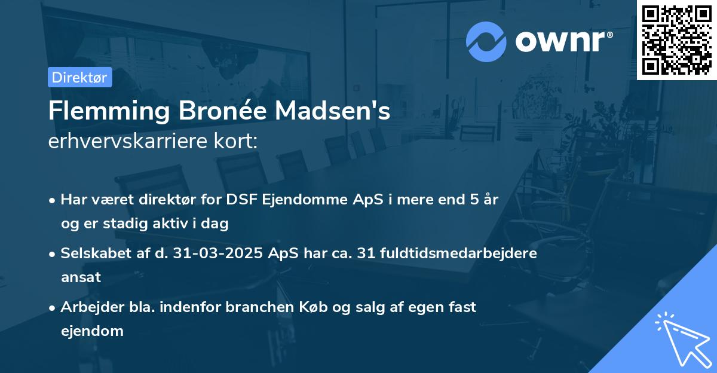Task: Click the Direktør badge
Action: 79,77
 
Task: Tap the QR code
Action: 677,40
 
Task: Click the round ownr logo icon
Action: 486,42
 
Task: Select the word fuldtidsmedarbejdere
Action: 464,253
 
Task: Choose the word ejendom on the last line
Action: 92,331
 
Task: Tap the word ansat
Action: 81,277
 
